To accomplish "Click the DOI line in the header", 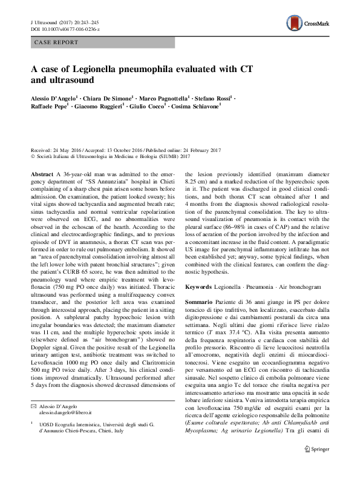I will [x=65, y=28].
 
